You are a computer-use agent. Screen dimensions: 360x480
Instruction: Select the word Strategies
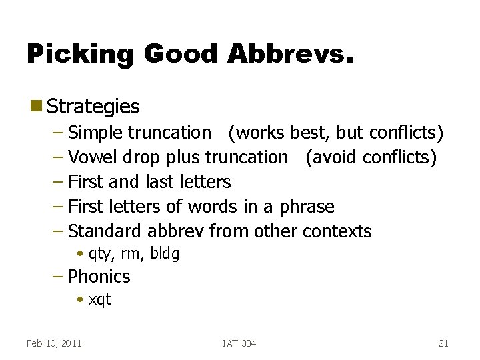point(93,107)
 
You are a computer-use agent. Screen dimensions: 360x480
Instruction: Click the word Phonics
point(99,276)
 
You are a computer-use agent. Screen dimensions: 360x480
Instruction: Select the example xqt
point(99,299)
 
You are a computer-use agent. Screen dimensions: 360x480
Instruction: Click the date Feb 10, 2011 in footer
point(54,343)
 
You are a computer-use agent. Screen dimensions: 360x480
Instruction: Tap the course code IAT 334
point(239,343)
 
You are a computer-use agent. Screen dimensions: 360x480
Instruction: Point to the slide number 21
point(443,343)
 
